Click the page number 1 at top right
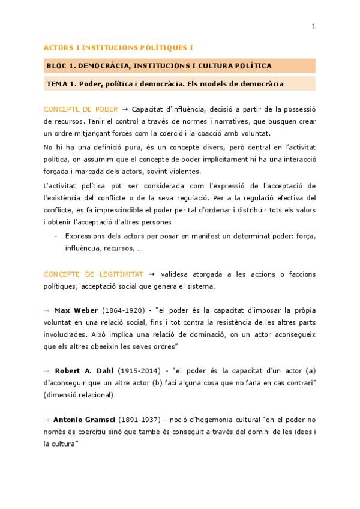click(x=313, y=25)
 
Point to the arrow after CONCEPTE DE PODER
click(x=125, y=109)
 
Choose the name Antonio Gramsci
click(x=84, y=418)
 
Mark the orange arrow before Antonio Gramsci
click(x=47, y=418)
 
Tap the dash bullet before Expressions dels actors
click(x=56, y=236)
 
